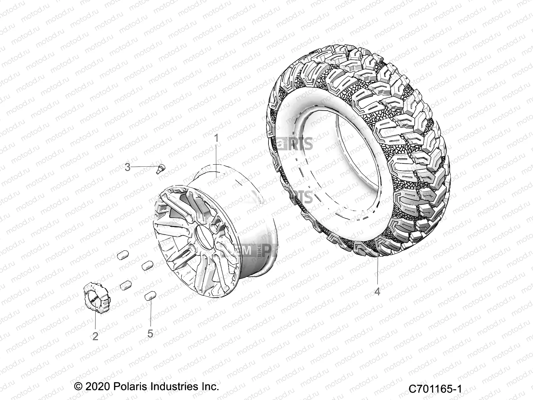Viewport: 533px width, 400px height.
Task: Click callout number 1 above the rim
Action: coord(217,138)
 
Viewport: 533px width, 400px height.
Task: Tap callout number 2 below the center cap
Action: coord(95,336)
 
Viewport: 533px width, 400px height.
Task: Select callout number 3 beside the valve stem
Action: coord(128,167)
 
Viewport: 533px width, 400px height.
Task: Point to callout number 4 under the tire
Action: coord(377,291)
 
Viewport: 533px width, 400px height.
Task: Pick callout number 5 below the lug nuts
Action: coord(150,333)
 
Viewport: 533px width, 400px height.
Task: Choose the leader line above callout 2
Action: coord(95,320)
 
